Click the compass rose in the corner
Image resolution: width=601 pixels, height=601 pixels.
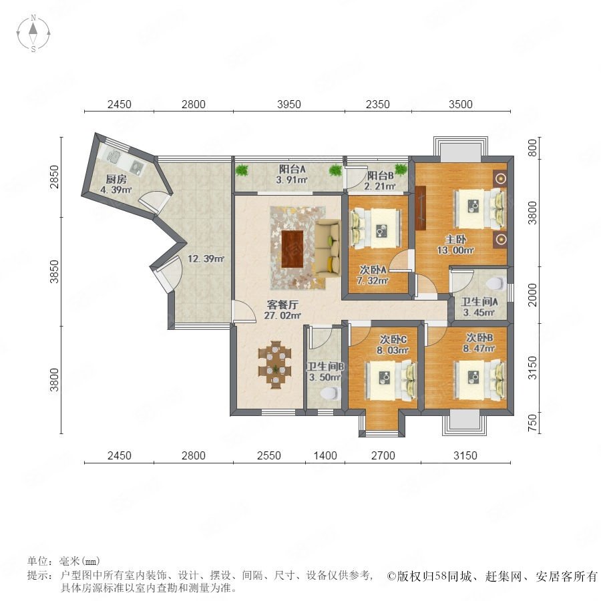[x=33, y=33]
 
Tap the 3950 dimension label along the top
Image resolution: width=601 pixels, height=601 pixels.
[x=288, y=104]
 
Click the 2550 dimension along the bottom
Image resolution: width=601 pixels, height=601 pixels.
[x=268, y=455]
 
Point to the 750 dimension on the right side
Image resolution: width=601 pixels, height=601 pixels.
[x=532, y=423]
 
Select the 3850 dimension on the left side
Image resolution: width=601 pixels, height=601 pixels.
[x=55, y=271]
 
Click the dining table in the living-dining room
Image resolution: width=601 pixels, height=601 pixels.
[x=275, y=365]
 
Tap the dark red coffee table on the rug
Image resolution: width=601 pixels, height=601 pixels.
[x=292, y=249]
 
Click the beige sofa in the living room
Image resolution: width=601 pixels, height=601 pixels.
[x=328, y=248]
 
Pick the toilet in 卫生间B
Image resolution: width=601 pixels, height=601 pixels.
[x=329, y=393]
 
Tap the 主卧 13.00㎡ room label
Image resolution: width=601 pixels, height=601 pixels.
[x=455, y=244]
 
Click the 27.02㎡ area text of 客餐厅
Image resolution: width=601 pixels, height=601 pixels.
[x=282, y=315]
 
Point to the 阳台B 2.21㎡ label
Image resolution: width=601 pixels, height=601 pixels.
[x=381, y=181]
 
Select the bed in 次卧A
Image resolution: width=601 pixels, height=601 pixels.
[x=375, y=229]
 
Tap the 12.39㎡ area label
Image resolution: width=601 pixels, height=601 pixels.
[x=206, y=258]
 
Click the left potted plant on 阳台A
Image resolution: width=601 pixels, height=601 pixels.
[x=242, y=170]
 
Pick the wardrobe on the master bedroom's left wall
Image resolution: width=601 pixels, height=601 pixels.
[x=421, y=208]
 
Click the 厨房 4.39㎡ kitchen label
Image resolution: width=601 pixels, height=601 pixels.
[x=116, y=184]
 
